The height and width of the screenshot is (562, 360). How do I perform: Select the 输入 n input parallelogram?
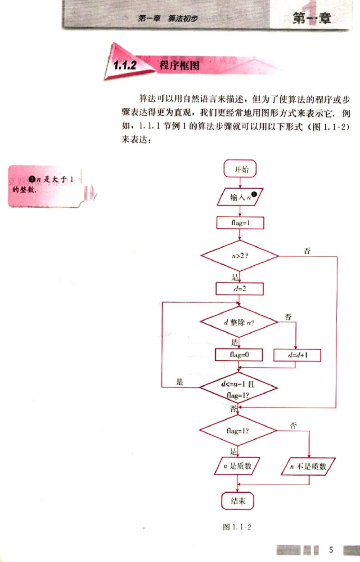(239, 197)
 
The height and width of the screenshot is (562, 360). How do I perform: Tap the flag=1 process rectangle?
(239, 223)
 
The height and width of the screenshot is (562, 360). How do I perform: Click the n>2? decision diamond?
(239, 256)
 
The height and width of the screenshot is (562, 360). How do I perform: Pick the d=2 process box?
(239, 288)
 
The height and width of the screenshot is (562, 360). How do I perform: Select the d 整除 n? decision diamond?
(239, 322)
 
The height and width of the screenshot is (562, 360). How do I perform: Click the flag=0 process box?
(239, 355)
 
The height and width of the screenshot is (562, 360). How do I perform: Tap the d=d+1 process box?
(297, 355)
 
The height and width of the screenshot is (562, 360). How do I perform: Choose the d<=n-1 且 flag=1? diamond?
(239, 389)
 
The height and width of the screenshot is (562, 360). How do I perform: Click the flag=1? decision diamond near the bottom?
(238, 431)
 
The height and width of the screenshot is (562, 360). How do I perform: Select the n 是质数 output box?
(238, 467)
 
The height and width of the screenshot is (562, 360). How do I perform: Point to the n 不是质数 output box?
(310, 467)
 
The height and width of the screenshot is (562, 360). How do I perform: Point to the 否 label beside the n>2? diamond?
(307, 251)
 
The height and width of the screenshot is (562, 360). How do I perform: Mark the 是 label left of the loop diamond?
(180, 383)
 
